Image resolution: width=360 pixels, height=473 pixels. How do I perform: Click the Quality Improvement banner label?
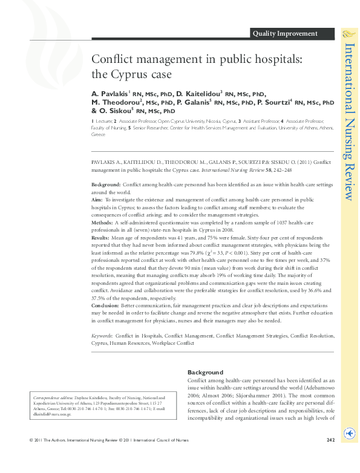click(x=285, y=34)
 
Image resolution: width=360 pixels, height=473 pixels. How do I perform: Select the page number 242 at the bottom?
click(x=330, y=456)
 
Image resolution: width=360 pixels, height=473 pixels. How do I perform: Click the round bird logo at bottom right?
click(x=349, y=433)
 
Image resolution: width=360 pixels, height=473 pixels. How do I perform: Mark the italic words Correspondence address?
click(x=55, y=397)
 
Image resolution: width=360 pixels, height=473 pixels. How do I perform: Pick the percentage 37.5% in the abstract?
click(x=99, y=297)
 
